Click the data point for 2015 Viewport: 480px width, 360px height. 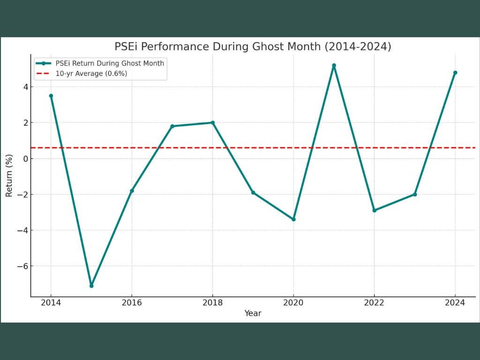pyautogui.click(x=91, y=286)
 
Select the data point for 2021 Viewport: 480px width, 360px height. pyautogui.click(x=334, y=65)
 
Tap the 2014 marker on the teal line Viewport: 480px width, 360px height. pyautogui.click(x=51, y=96)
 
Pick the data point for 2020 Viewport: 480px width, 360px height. pyautogui.click(x=293, y=219)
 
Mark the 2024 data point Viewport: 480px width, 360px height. pyautogui.click(x=455, y=73)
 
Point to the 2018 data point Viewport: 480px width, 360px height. pyautogui.click(x=213, y=123)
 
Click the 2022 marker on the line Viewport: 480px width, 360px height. pyautogui.click(x=374, y=210)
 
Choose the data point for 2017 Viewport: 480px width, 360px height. pyautogui.click(x=172, y=126)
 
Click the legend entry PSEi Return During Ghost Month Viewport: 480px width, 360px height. pyautogui.click(x=110, y=63)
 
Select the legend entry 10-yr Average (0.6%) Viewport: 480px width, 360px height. pyautogui.click(x=91, y=73)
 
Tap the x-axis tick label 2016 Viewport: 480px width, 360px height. pyautogui.click(x=132, y=303)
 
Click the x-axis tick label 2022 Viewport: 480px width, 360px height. pyautogui.click(x=374, y=303)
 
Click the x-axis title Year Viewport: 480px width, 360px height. pyautogui.click(x=253, y=313)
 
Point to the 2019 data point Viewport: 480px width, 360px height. pyautogui.click(x=253, y=193)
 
